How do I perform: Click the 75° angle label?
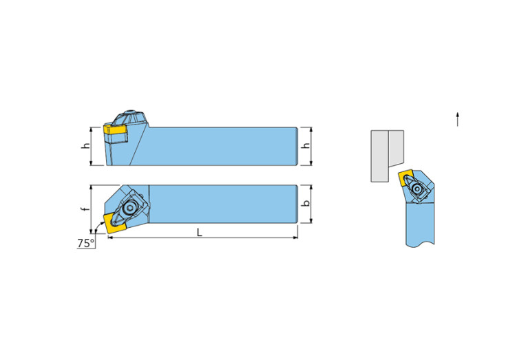coord(86,243)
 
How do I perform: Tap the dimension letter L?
coord(200,232)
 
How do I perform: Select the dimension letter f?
coord(86,209)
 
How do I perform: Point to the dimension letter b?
coord(306,204)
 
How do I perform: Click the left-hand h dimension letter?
coord(87,146)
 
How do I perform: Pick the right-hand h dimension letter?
coord(306,146)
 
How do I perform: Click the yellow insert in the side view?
coord(114,129)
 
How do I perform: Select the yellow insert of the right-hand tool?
coord(405,178)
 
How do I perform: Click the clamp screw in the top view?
coord(129,208)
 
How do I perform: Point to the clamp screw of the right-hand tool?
coord(419,189)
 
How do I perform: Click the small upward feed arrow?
coord(457,119)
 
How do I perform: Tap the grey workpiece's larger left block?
coord(379,156)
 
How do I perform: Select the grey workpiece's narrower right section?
coord(396,148)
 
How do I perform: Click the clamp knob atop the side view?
coord(130,118)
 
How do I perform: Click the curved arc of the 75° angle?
coord(98,225)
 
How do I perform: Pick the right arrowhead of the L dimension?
coord(295,237)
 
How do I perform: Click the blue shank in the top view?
coord(223,204)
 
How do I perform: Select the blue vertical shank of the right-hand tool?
coord(420,223)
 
